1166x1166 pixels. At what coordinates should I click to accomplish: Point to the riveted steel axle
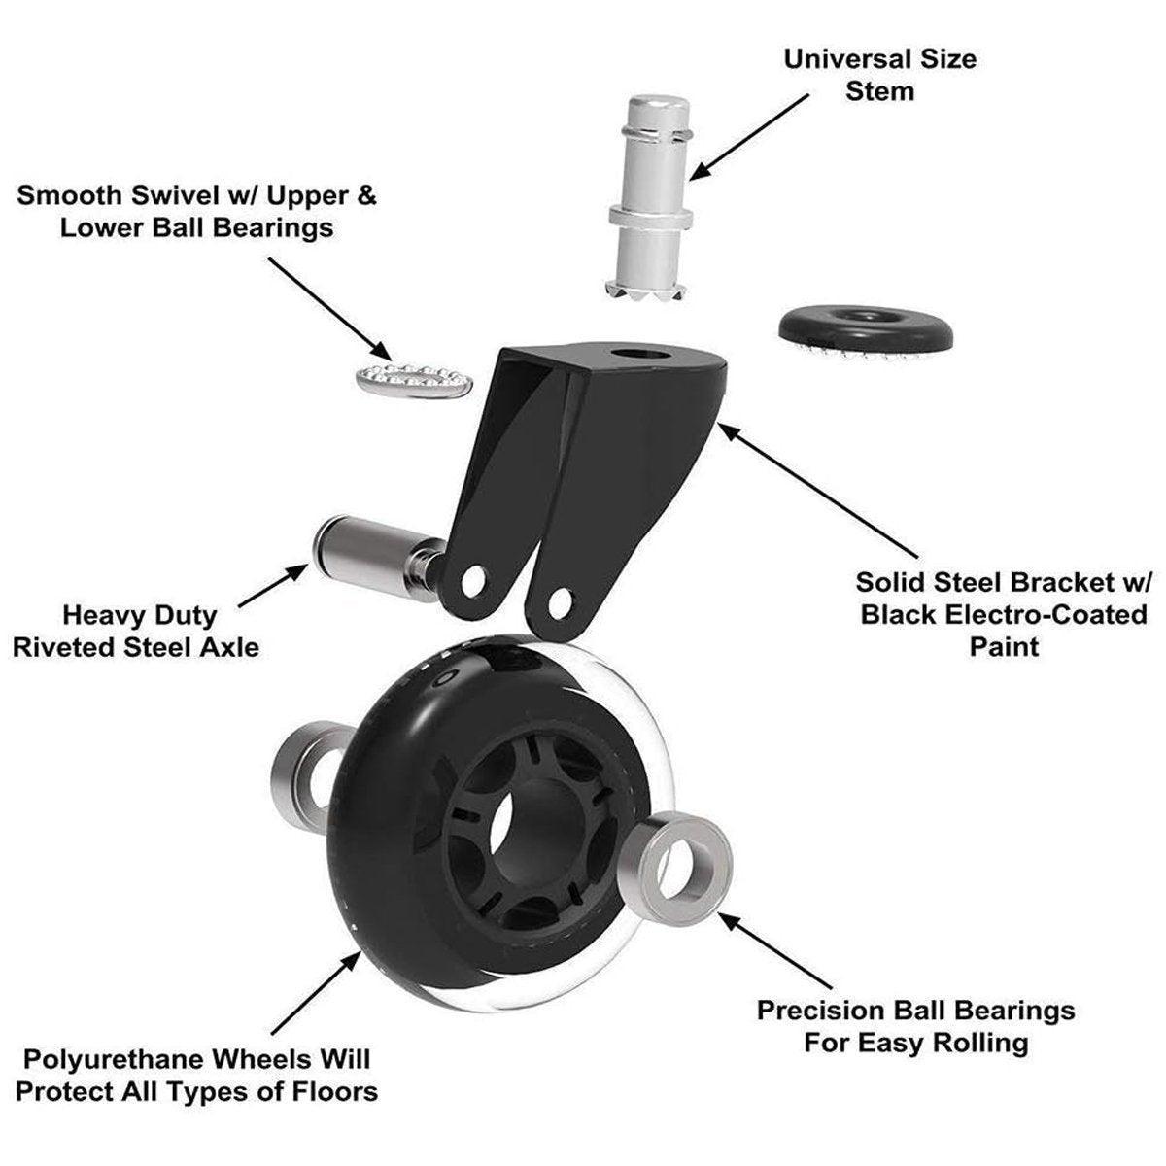[369, 551]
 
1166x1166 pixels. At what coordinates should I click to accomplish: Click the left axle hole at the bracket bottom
[473, 581]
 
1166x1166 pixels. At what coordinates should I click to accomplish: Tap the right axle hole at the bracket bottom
[559, 602]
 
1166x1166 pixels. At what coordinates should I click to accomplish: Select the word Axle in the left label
[229, 646]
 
